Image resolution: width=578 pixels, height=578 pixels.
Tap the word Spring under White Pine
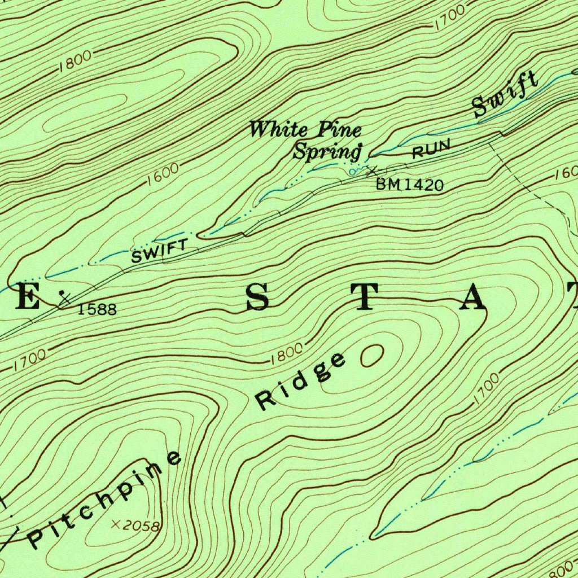point(327,151)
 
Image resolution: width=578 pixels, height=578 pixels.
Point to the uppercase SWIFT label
point(159,251)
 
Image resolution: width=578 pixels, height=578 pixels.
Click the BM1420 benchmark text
point(410,185)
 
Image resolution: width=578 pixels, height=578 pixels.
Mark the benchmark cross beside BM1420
point(371,170)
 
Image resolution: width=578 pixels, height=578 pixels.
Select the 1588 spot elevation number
point(97,309)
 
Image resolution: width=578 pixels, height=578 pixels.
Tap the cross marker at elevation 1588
point(65,300)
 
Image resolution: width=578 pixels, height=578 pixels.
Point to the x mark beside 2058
point(116,524)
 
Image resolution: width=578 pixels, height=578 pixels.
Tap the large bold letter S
point(257,297)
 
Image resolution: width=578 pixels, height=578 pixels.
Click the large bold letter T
point(365,297)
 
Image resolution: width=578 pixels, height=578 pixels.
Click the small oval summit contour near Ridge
point(371,356)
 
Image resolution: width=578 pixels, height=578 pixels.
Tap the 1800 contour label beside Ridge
point(287,353)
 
